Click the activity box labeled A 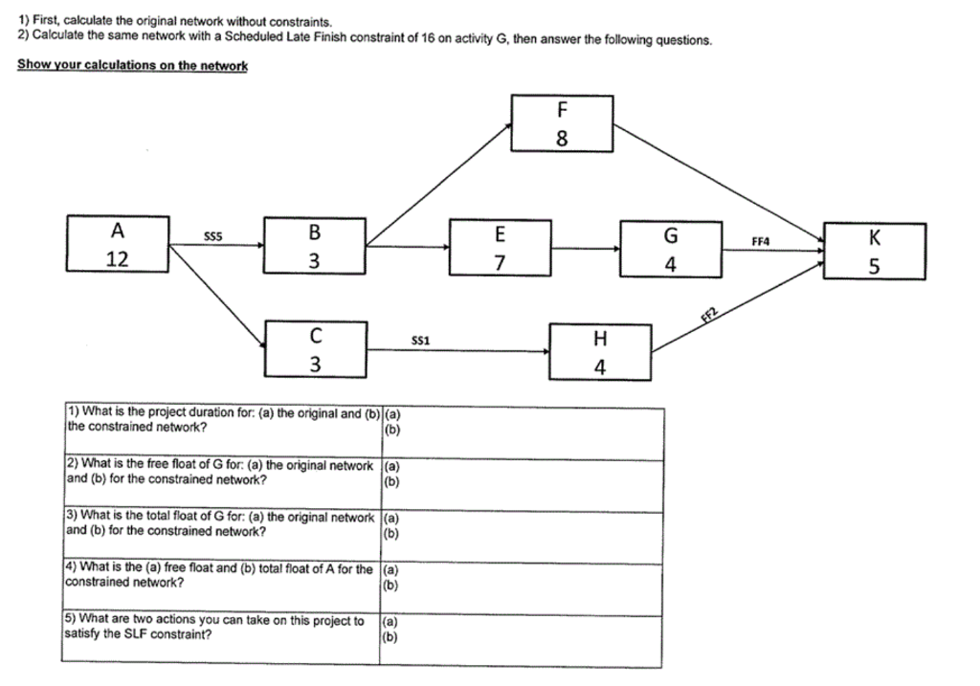118,245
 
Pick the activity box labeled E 500,248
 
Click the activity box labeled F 562,122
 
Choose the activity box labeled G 671,249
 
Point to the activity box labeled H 600,351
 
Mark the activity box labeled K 874,251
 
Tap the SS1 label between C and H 420,340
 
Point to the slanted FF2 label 709,320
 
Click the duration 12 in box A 118,258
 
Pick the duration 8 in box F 562,137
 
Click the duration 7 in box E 500,262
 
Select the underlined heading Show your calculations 133,65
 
